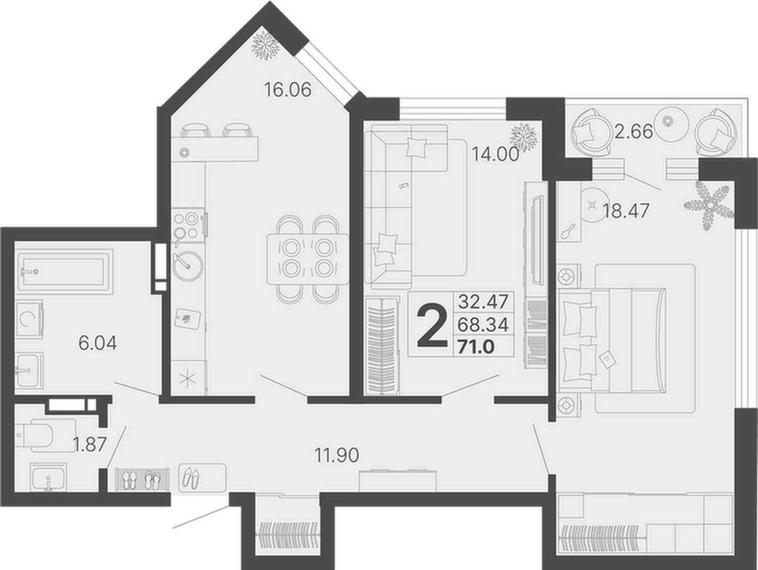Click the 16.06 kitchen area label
pos(288,90)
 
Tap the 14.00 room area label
pos(495,154)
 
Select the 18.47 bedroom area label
pos(626,211)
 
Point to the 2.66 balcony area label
pos(634,132)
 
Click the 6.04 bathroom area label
pos(97,343)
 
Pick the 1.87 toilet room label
pos(90,444)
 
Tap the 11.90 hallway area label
pos(336,455)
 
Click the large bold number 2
pos(432,327)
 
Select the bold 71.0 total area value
pos(476,347)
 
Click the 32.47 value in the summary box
pos(483,301)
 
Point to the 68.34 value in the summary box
pos(483,324)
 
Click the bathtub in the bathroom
pos(64,272)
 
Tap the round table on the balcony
pos(669,121)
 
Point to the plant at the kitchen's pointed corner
pos(265,45)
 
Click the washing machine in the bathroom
pos(29,319)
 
